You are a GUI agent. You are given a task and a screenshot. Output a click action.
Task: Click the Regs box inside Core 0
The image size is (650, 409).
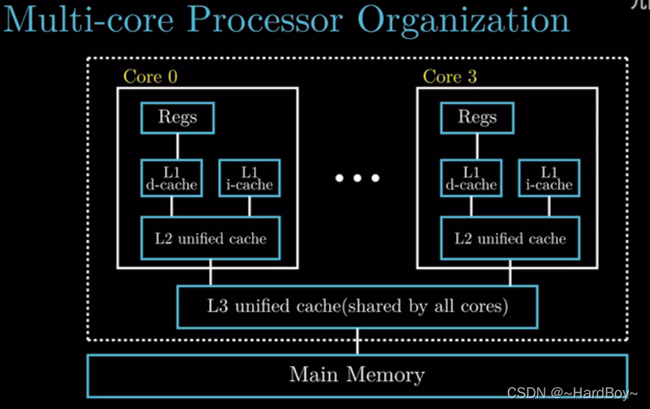[x=177, y=117]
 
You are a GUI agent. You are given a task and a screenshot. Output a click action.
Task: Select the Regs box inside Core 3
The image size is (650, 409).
[x=477, y=117]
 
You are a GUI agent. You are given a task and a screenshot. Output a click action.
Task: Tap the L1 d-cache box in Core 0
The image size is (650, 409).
[x=172, y=178]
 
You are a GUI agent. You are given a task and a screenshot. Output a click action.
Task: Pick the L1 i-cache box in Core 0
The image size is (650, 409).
[x=249, y=178]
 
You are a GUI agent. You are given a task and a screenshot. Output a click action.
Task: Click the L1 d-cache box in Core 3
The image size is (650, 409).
[x=471, y=178]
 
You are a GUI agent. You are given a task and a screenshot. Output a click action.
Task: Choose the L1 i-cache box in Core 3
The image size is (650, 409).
[x=549, y=178]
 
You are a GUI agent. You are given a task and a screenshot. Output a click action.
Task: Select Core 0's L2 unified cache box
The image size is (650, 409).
[x=211, y=239]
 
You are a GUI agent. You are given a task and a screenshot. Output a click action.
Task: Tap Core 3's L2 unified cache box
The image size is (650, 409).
[x=510, y=239]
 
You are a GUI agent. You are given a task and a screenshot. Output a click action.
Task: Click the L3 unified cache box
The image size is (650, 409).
[x=358, y=306]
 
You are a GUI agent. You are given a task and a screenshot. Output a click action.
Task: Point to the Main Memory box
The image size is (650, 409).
[x=357, y=375]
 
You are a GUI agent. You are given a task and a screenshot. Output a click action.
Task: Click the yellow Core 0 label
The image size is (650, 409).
[x=150, y=77]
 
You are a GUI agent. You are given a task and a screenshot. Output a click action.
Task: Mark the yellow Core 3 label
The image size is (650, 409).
[x=449, y=77]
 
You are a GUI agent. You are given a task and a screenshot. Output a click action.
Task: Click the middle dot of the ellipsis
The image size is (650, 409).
[x=358, y=178]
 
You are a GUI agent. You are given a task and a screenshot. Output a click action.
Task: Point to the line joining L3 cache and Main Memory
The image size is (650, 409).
[x=358, y=342]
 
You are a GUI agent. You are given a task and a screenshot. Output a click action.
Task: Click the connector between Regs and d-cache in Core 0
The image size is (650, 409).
[x=177, y=146]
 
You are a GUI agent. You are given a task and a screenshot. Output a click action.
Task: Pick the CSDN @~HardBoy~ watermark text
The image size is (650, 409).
[x=573, y=393]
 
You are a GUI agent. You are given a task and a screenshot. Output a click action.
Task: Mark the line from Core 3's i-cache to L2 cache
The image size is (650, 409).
[x=549, y=206]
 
